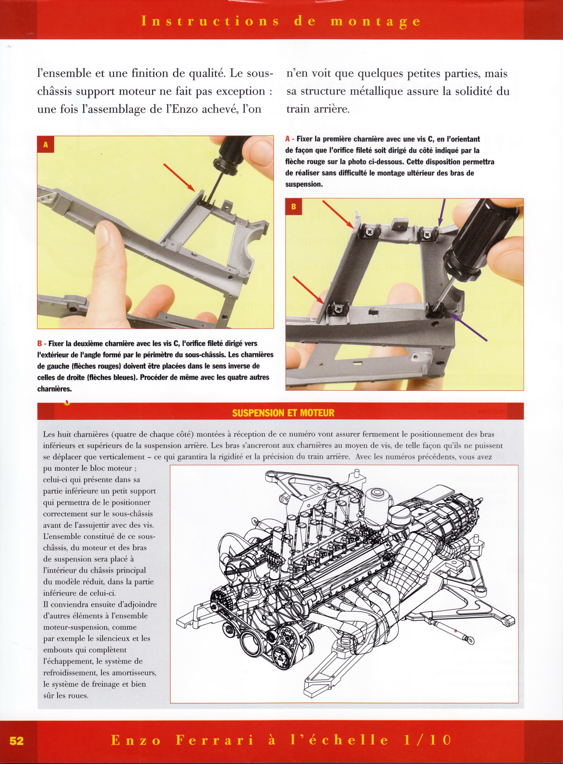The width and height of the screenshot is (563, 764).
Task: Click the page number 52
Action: [x=17, y=741]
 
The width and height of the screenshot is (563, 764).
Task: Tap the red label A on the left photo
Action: [x=45, y=145]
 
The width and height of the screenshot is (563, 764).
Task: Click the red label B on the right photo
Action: [x=294, y=206]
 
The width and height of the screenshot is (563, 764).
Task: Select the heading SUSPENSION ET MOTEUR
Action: [x=283, y=412]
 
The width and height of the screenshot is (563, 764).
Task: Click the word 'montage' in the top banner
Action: [x=376, y=21]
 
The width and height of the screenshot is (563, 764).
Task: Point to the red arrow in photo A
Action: [x=179, y=177]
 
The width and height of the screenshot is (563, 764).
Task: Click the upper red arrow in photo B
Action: [x=338, y=214]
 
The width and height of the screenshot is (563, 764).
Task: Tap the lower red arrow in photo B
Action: [x=309, y=290]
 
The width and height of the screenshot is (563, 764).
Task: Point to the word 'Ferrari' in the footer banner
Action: [x=214, y=740]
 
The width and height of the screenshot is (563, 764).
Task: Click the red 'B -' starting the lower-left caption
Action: [x=42, y=343]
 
